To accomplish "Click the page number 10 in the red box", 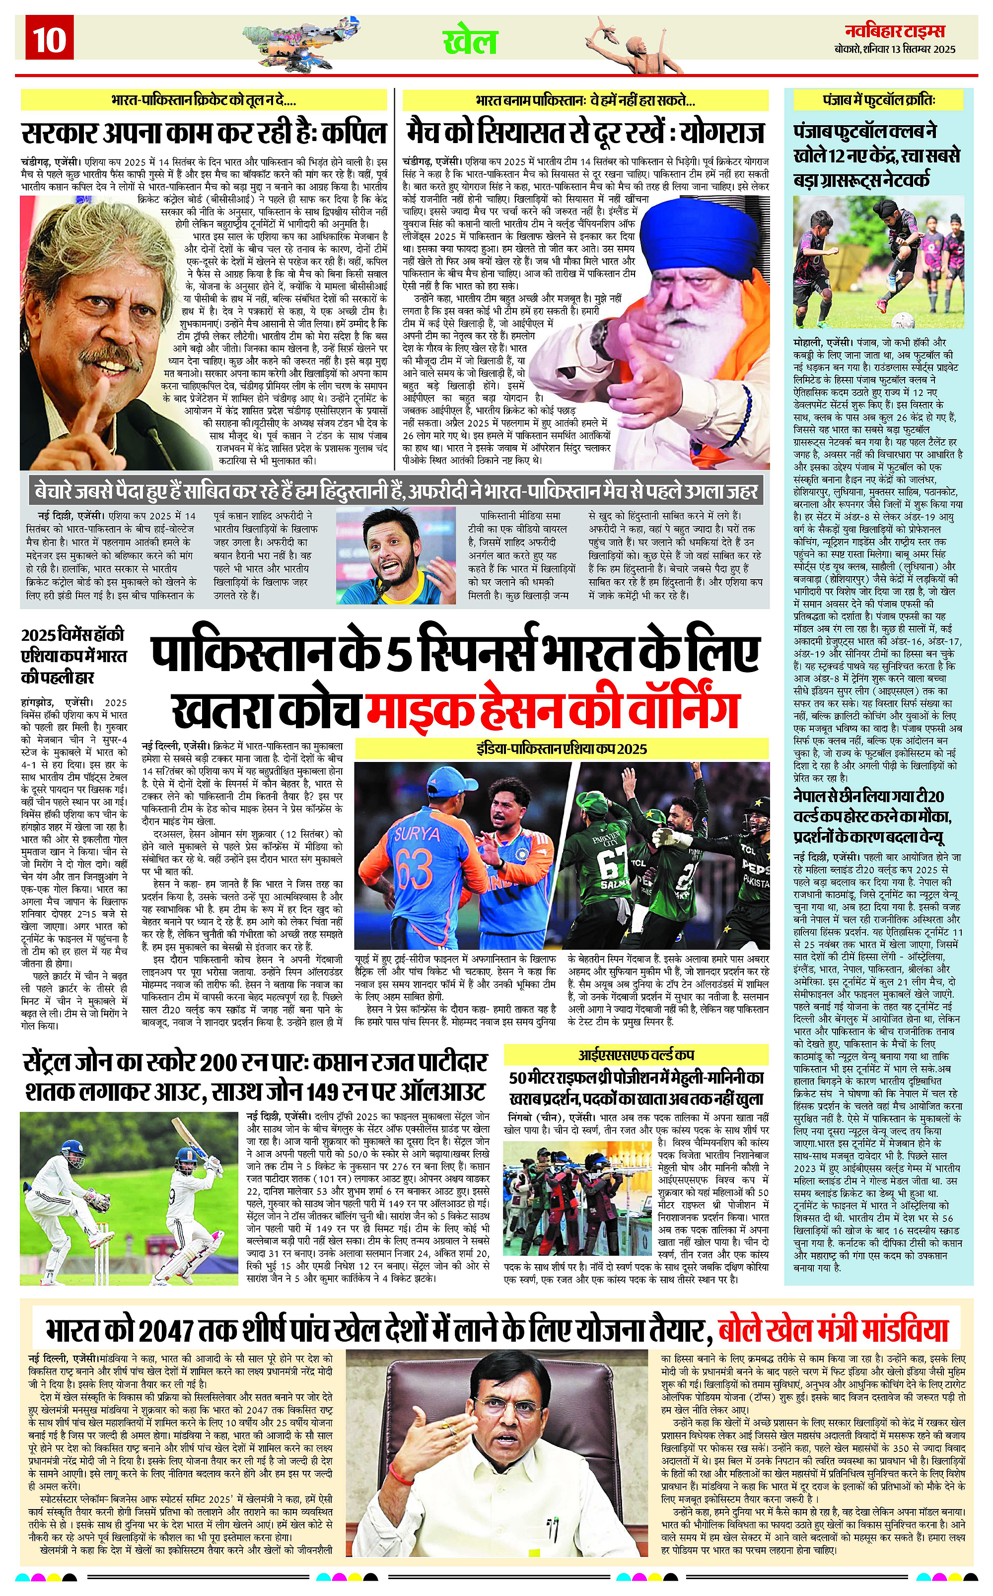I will click(49, 39).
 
